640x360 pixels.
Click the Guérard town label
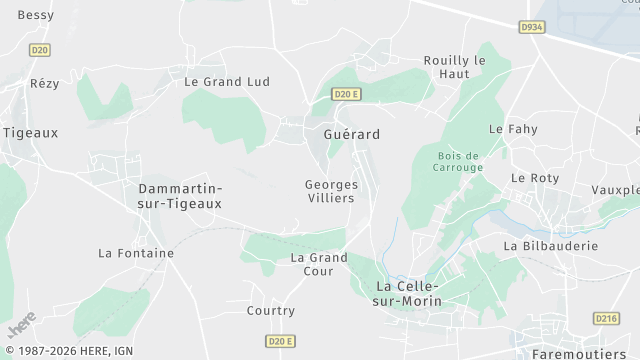point(351,133)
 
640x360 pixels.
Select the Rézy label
point(45,84)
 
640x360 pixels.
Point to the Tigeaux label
point(30,132)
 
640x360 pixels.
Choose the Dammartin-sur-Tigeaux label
point(179,196)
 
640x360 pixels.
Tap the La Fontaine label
point(136,254)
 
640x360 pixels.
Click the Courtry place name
point(270,311)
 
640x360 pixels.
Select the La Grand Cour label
point(318,264)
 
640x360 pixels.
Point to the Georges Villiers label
point(330,191)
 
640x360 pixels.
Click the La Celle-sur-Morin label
point(407,294)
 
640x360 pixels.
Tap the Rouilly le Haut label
point(454,67)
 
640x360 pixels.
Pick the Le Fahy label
point(513,130)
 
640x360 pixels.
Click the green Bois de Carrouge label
point(460,161)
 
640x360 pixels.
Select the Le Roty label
point(534,178)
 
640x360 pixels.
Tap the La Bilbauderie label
point(550,245)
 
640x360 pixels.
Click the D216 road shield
point(606,318)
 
